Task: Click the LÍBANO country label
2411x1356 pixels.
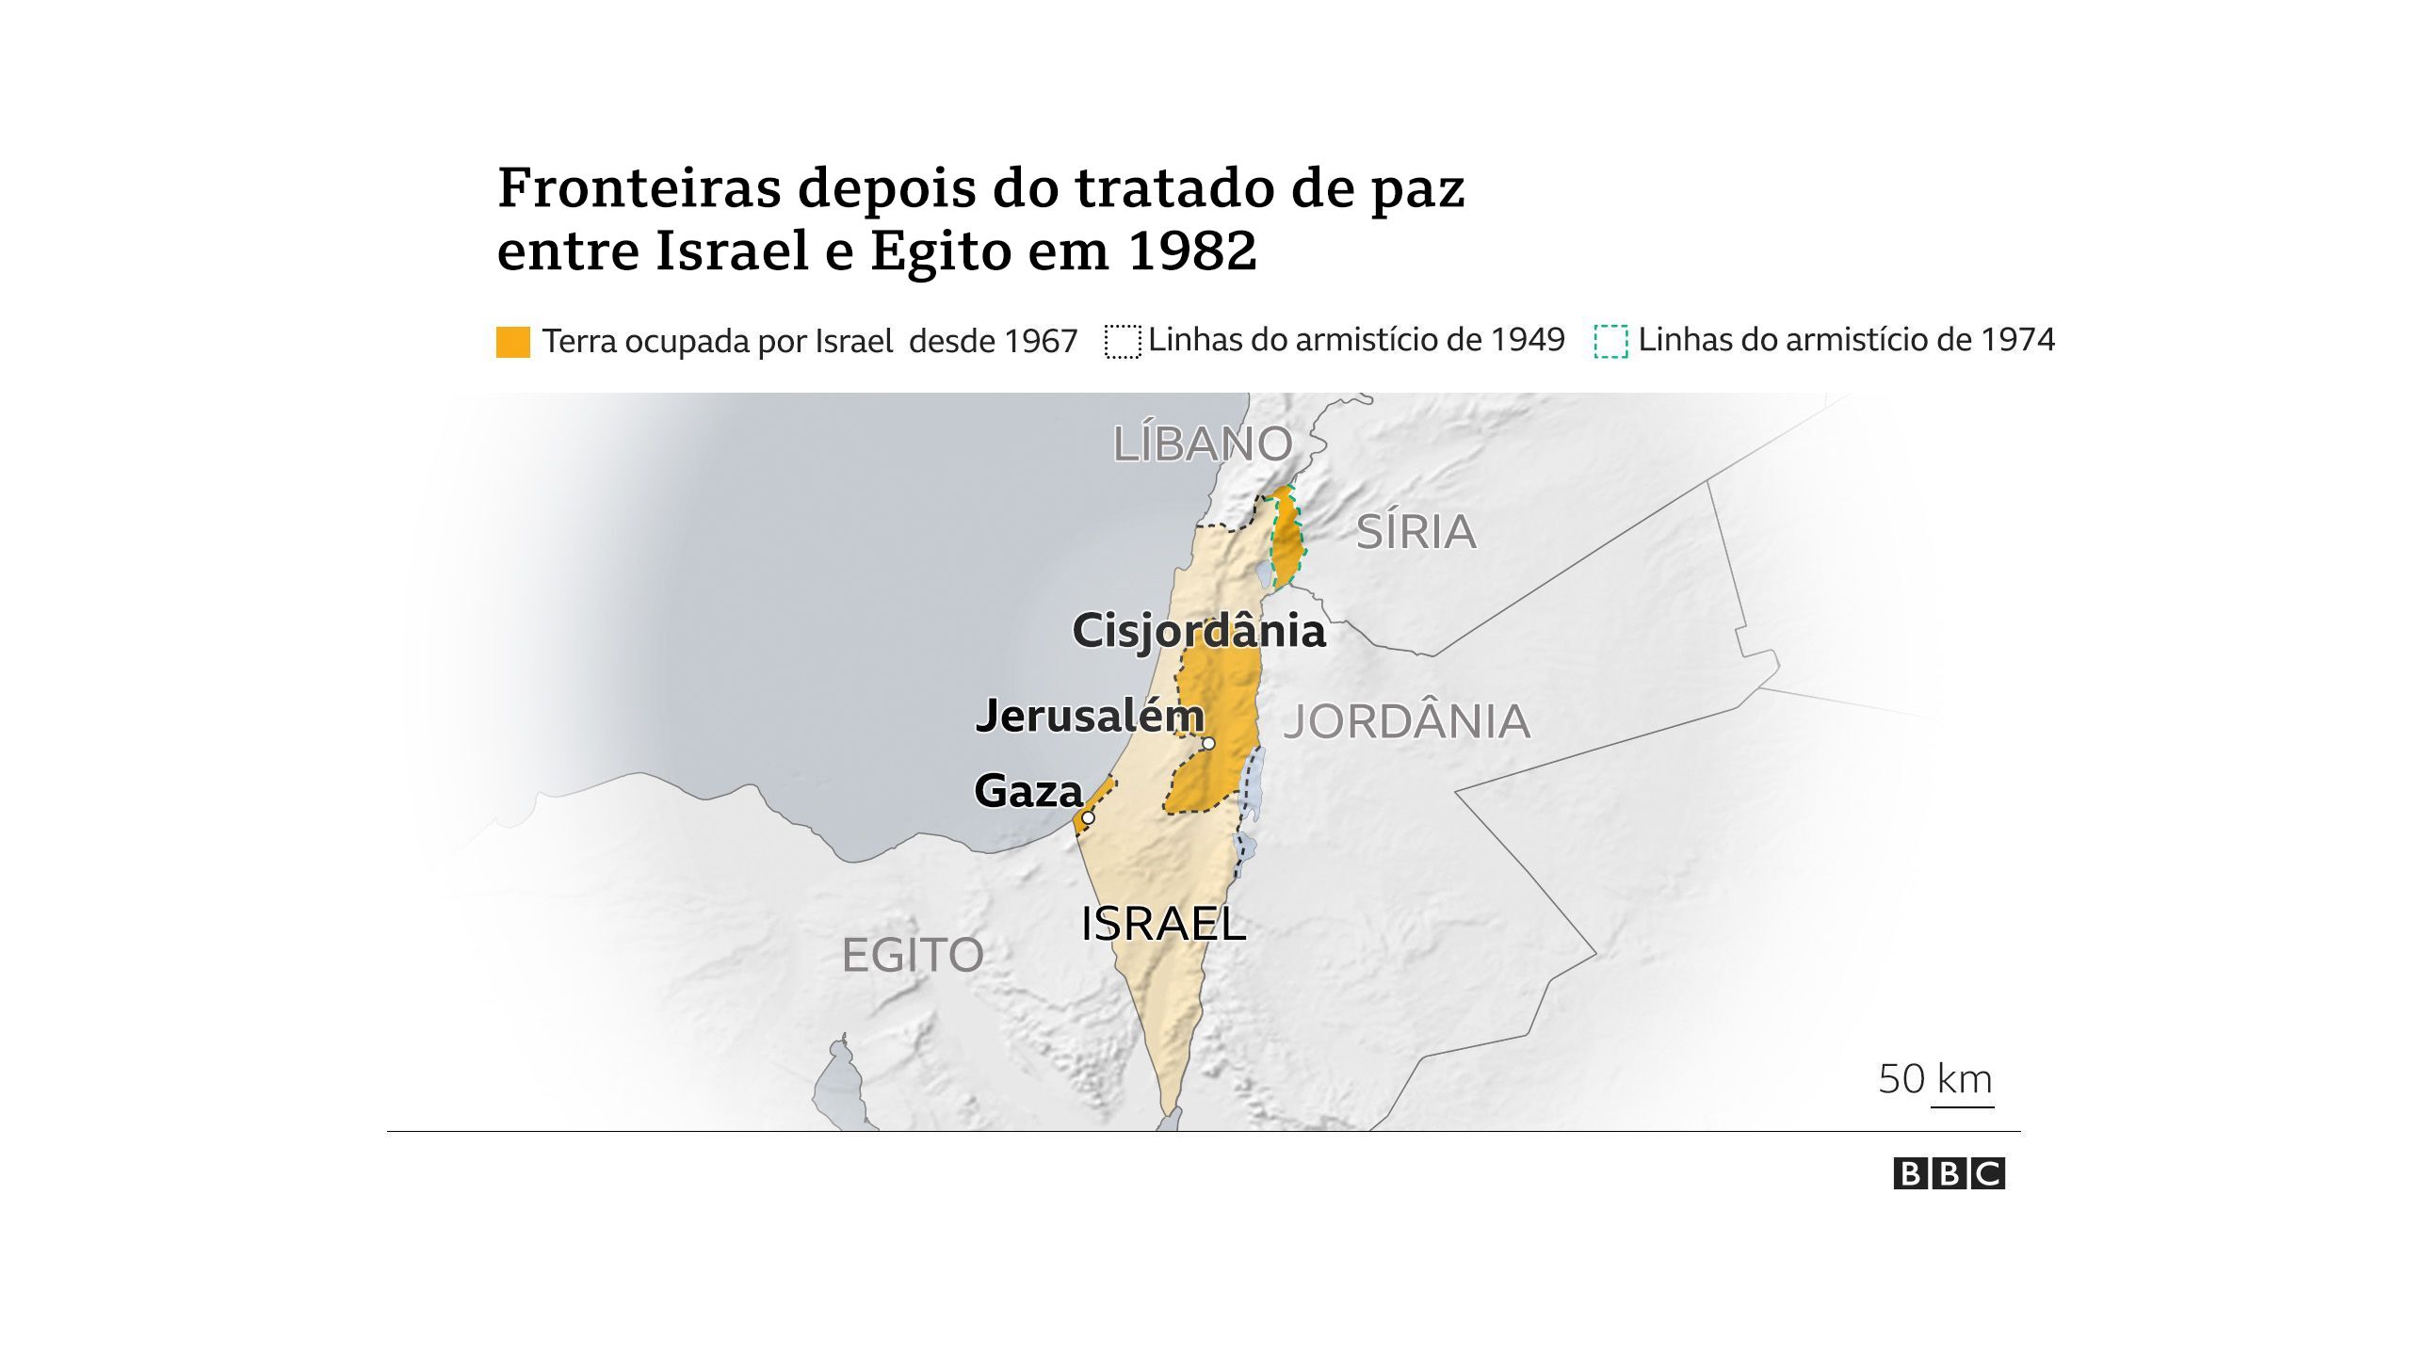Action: coord(1203,444)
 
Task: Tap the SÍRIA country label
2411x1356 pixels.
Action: coord(1416,533)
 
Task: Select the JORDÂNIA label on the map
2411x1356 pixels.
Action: coord(1407,722)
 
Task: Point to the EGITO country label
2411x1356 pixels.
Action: coord(912,956)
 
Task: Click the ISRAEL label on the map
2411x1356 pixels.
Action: coord(1163,924)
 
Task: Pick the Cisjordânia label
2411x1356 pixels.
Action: coord(1198,631)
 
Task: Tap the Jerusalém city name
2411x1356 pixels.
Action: coord(1090,717)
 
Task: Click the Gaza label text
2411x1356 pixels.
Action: coord(1028,791)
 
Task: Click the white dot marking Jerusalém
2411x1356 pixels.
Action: coord(1209,744)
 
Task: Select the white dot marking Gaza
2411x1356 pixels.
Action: coord(1088,818)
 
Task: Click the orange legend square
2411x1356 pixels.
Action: coord(513,342)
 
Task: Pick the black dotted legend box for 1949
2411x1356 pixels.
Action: coord(1123,342)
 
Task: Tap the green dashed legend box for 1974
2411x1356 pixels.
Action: coord(1610,342)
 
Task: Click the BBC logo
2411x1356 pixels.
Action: coord(1949,1174)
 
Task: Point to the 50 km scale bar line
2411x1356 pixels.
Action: coord(1962,1107)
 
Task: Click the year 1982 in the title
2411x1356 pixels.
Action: coord(1191,250)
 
